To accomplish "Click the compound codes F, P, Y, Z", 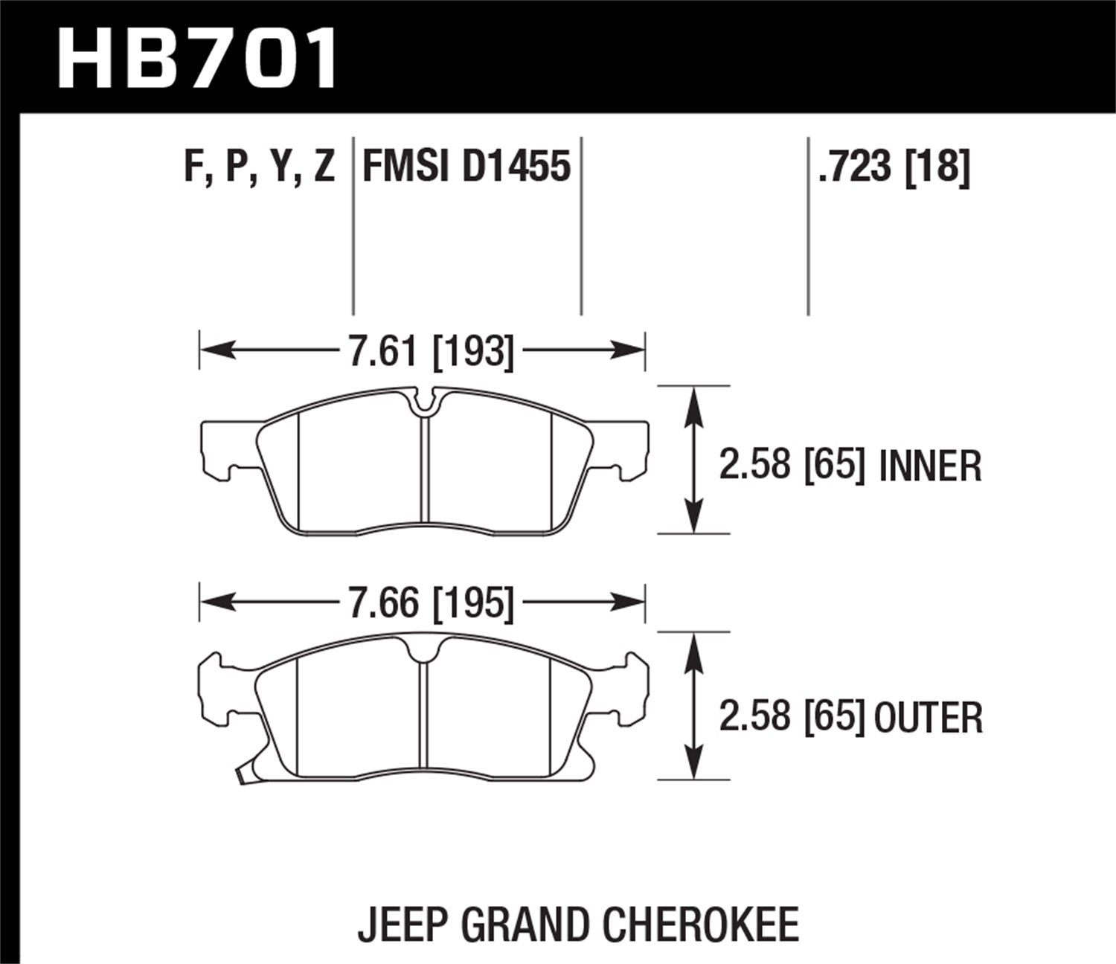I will click(260, 167).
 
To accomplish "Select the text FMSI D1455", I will click(466, 167).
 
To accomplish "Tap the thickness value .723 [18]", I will click(893, 167).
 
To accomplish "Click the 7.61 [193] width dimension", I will click(432, 350).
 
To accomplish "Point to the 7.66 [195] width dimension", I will click(432, 602).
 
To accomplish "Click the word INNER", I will click(930, 466).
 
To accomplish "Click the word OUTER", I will click(928, 718).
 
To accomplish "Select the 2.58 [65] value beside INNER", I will click(792, 466).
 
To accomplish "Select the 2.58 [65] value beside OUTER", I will click(792, 718).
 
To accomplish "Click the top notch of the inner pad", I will click(425, 402).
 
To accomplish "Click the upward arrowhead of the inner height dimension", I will click(693, 402).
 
